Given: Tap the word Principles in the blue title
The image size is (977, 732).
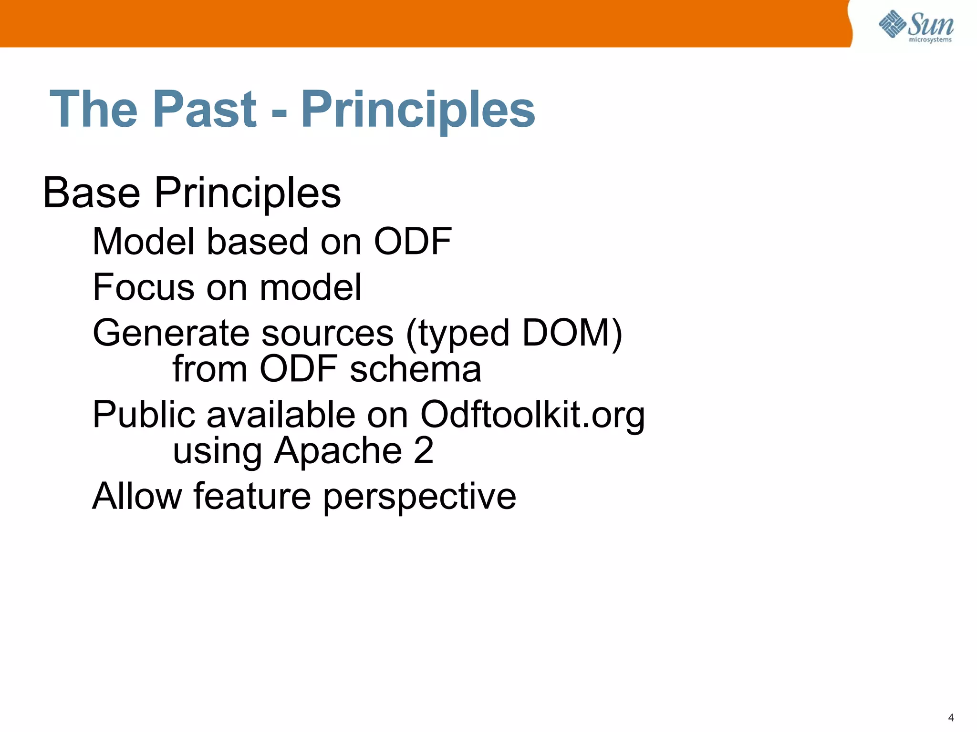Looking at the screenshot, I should (x=418, y=111).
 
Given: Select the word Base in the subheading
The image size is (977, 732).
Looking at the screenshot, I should (x=92, y=193).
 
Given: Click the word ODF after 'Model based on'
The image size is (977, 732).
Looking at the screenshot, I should (x=412, y=242).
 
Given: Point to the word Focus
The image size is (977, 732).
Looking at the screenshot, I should (x=144, y=287).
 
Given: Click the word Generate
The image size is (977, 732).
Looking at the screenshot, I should (x=171, y=333).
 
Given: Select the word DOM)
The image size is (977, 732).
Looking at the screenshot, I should (x=572, y=333).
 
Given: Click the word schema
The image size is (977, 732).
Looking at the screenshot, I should (x=415, y=369).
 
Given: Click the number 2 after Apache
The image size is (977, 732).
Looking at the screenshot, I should (x=424, y=450).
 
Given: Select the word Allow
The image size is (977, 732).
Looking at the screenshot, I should (x=137, y=496).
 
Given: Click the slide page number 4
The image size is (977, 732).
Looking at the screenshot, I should (x=951, y=718).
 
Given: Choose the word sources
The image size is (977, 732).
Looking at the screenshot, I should (x=327, y=333).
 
